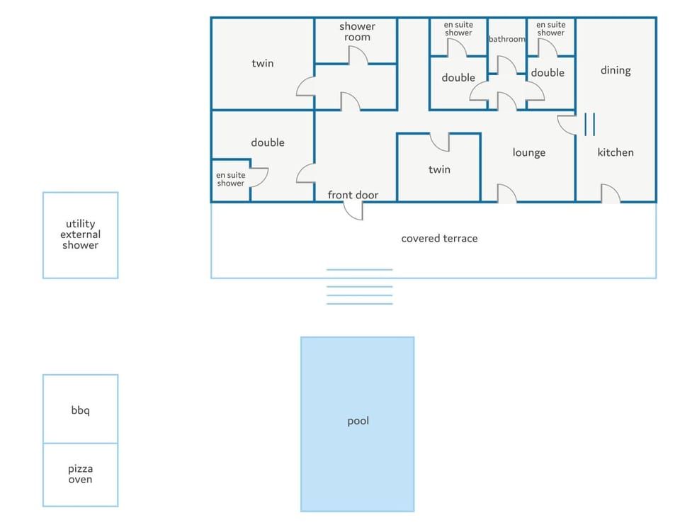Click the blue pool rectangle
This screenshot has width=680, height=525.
point(357,424)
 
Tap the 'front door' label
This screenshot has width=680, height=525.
point(353,195)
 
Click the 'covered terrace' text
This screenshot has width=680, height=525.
point(439,238)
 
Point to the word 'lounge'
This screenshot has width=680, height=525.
point(528,153)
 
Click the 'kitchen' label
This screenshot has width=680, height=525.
point(616,152)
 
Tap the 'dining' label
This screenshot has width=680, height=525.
point(616,70)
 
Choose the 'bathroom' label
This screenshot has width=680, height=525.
point(507,39)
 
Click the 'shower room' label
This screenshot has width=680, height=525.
point(357,32)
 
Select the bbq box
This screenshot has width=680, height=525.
point(80,409)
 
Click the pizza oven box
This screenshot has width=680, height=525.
point(80,475)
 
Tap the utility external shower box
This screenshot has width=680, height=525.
point(80,235)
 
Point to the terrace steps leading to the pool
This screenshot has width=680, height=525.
point(360,287)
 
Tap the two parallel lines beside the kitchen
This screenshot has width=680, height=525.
point(590,124)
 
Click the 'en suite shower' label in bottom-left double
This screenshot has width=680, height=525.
point(231,179)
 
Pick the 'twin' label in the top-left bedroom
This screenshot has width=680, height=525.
point(262,63)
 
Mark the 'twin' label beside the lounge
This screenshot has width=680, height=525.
point(439,169)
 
